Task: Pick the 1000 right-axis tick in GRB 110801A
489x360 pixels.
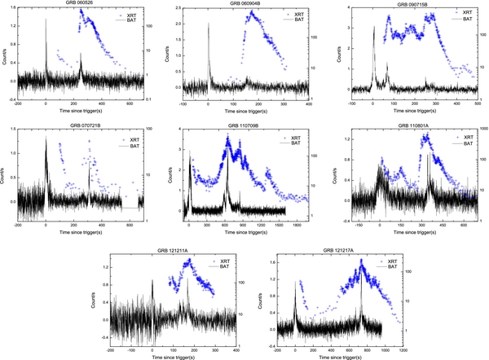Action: pos(482,130)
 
